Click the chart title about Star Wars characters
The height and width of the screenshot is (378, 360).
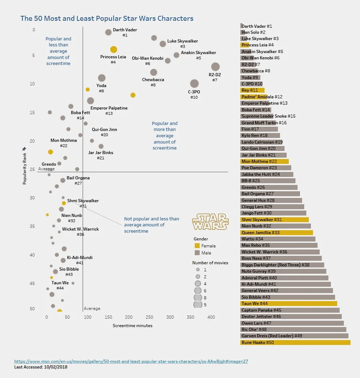click(x=107, y=19)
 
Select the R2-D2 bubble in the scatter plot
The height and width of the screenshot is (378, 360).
click(x=215, y=67)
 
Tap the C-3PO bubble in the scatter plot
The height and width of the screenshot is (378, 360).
click(x=194, y=84)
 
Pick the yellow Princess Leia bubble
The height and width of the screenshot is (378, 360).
click(x=113, y=50)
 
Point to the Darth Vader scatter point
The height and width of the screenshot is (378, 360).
click(x=108, y=32)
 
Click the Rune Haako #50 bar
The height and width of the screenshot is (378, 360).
click(x=295, y=343)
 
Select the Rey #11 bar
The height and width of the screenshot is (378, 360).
click(x=252, y=90)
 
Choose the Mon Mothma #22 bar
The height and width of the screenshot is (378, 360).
click(x=264, y=162)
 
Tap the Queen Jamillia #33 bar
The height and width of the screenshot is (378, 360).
click(x=276, y=233)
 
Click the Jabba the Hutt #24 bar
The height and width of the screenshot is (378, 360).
click(x=267, y=175)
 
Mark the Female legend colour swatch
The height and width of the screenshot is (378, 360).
click(x=197, y=246)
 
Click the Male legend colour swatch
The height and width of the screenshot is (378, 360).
click(x=197, y=253)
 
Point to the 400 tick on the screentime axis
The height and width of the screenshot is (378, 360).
click(x=211, y=317)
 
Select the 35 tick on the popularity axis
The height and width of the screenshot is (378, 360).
click(x=32, y=226)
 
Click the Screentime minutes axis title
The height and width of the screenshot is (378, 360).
click(x=132, y=326)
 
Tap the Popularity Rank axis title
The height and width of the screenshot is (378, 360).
click(x=24, y=166)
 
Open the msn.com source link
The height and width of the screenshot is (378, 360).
click(x=131, y=361)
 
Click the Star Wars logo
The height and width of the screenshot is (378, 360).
click(x=210, y=222)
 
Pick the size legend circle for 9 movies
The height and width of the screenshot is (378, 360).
click(x=198, y=305)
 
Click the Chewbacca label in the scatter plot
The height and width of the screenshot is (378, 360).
click(x=153, y=80)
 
